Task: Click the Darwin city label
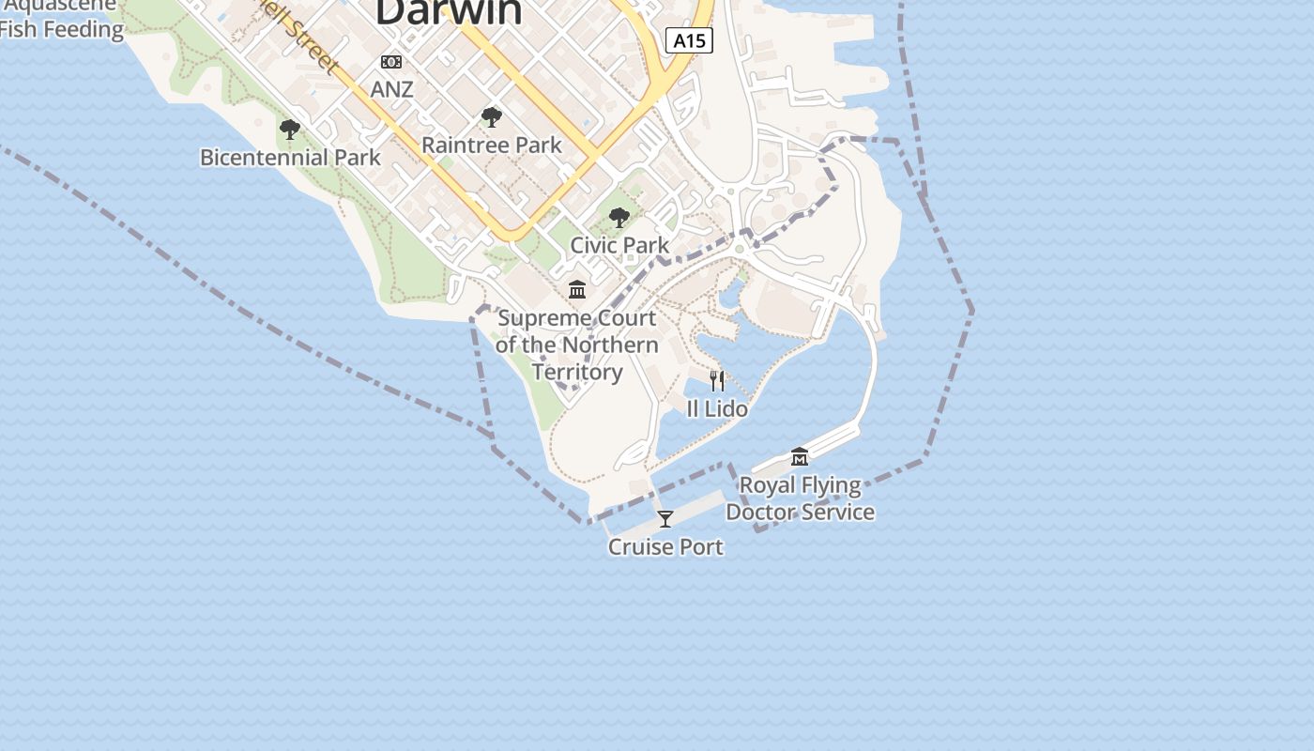tap(449, 11)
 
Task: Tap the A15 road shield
tap(690, 40)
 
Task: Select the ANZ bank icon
tap(391, 62)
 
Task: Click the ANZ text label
tap(391, 89)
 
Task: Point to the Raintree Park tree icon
tap(491, 117)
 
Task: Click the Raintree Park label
tap(491, 146)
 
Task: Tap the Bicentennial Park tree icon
tap(290, 130)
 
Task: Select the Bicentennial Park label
tap(290, 158)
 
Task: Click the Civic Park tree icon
tap(619, 218)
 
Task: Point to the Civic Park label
tap(619, 245)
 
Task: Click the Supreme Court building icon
tap(577, 289)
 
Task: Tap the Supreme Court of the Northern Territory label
tap(577, 345)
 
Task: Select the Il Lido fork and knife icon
tap(717, 380)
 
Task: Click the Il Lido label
tap(717, 408)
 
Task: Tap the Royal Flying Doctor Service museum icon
tap(800, 457)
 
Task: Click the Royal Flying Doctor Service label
tap(800, 498)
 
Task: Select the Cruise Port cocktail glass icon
tap(665, 518)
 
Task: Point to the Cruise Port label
tap(665, 546)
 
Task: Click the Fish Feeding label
tap(61, 29)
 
